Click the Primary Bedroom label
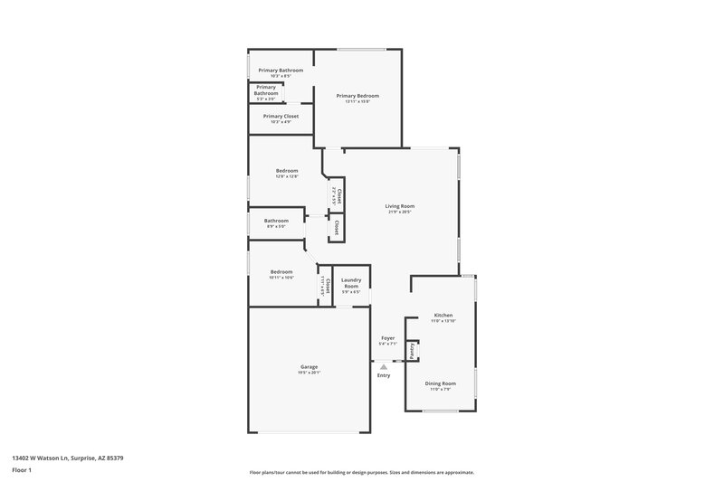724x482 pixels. tap(357, 96)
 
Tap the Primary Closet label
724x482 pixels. tap(281, 116)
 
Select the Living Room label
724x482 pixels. tap(400, 206)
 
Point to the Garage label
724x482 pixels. tap(309, 366)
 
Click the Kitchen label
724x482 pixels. tap(443, 315)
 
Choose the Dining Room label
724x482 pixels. tap(443, 383)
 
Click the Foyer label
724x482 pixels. tap(387, 337)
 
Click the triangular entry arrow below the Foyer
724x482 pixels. tap(384, 366)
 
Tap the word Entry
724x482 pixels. tap(384, 375)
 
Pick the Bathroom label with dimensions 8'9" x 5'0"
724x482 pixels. tap(276, 221)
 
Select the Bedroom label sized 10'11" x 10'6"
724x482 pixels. tap(281, 271)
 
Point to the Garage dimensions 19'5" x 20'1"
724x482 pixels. tap(309, 373)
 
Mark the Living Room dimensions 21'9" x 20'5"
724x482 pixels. tap(400, 213)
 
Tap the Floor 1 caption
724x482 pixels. tap(22, 471)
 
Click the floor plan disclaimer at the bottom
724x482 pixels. tap(361, 472)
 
